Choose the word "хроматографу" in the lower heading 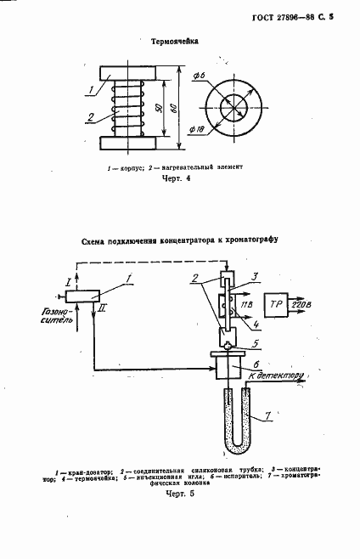click(x=243, y=239)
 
